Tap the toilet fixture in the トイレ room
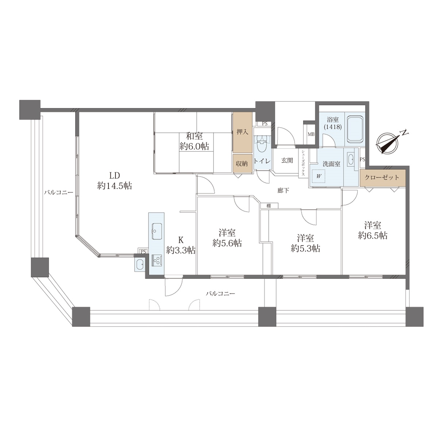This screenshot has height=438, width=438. [262, 146]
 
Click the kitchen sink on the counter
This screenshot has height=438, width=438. [157, 231]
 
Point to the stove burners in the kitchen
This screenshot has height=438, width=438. [157, 260]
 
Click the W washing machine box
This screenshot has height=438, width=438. [319, 176]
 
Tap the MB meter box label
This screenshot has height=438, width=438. [311, 134]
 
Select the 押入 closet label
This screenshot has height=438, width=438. [242, 132]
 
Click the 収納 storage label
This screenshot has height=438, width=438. [241, 164]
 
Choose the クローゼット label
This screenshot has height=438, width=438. [382, 177]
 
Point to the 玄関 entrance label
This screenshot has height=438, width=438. [287, 160]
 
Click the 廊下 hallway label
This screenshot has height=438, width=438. [283, 191]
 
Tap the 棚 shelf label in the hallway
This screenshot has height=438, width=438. [269, 206]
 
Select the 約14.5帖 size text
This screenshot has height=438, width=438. [115, 186]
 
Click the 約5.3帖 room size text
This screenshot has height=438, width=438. [306, 249]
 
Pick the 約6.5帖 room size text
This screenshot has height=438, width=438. [373, 235]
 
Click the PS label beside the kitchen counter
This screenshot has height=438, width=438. [143, 251]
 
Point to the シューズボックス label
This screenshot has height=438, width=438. [303, 163]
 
